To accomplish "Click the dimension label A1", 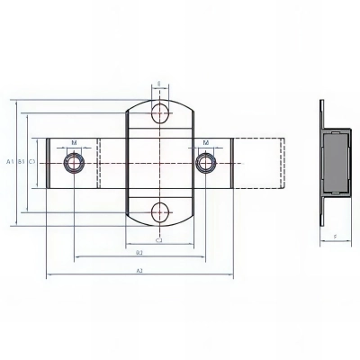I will click(10, 162).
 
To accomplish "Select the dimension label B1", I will click(21, 162).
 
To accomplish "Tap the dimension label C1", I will click(31, 162).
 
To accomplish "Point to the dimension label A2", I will click(139, 269).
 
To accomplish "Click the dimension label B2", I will click(139, 254).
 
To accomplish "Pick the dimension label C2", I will click(159, 240).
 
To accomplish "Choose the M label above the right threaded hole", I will click(206, 142).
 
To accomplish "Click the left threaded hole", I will click(73, 163).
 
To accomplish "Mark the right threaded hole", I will click(206, 163).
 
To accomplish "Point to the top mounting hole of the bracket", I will click(159, 112).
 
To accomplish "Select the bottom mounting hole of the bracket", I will click(159, 212).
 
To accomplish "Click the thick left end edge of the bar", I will click(48, 163).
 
